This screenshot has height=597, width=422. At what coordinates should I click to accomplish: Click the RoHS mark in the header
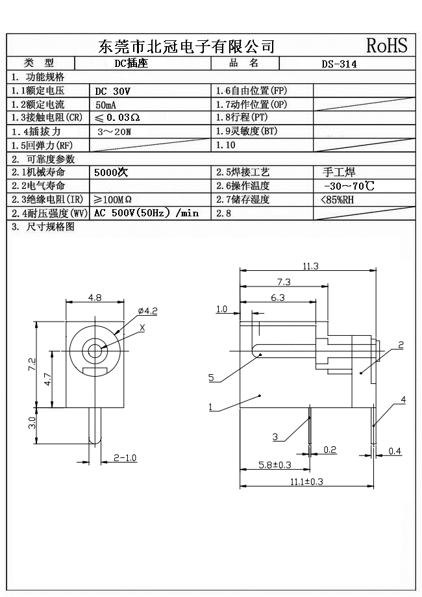click(387, 45)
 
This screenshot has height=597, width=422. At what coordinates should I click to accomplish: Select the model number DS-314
click(339, 64)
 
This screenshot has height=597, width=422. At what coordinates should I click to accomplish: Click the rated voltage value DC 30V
click(112, 91)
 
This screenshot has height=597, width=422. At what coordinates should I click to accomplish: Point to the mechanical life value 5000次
click(111, 173)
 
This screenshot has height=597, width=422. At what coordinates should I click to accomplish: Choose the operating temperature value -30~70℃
click(348, 186)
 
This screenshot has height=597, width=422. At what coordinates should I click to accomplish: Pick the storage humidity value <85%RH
click(338, 200)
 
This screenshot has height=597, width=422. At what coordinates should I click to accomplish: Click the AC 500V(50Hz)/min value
click(146, 213)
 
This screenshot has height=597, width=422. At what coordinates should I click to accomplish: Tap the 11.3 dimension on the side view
click(310, 266)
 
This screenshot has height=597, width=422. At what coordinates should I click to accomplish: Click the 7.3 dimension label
click(284, 282)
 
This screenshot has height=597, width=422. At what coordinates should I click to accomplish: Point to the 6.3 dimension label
click(277, 298)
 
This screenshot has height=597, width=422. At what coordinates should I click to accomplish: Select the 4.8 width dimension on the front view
click(95, 298)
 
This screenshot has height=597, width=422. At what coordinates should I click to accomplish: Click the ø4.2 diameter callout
click(148, 311)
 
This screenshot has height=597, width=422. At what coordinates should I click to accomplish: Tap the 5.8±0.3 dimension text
click(275, 465)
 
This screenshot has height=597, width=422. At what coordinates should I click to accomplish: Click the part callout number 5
click(211, 377)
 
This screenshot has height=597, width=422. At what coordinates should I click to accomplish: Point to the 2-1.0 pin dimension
click(125, 458)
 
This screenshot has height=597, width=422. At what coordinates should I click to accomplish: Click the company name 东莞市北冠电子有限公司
click(186, 46)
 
